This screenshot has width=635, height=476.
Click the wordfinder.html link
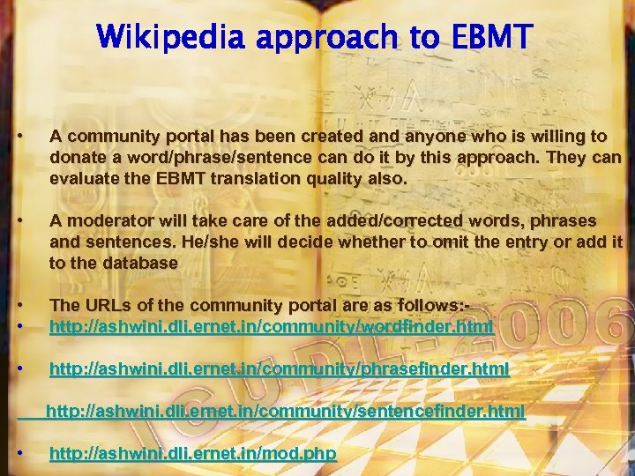click(271, 326)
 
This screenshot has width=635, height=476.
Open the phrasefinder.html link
click(279, 369)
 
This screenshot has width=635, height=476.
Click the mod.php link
click(192, 454)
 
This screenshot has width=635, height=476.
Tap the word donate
click(78, 157)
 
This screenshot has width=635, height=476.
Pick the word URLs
click(103, 305)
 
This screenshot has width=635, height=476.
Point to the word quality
click(306, 178)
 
